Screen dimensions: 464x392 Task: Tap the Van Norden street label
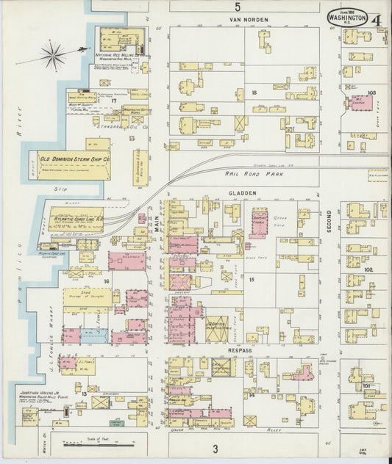pyautogui.click(x=248, y=20)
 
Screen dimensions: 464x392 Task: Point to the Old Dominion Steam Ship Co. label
pyautogui.click(x=75, y=158)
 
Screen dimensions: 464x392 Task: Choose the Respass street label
pyautogui.click(x=240, y=350)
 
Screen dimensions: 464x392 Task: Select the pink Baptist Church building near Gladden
pyautogui.click(x=259, y=222)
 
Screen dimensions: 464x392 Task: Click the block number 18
pyautogui.click(x=254, y=93)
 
